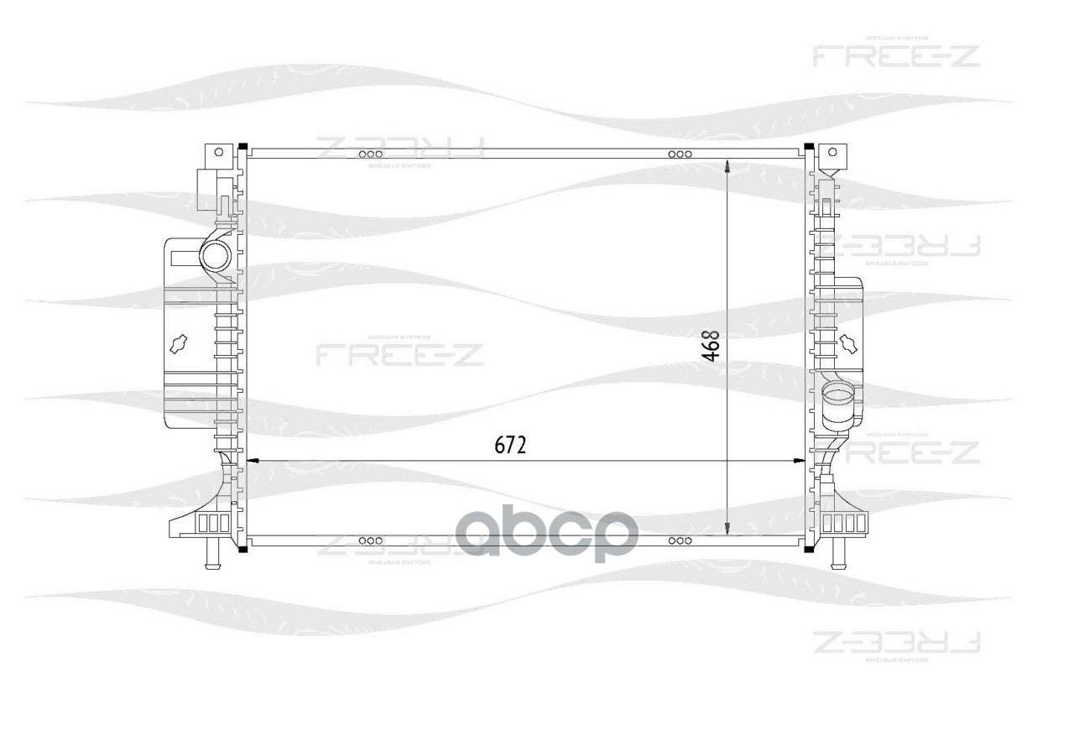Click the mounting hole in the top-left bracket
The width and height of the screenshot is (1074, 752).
coord(219,152)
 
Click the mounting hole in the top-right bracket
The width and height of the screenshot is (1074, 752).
coord(832,152)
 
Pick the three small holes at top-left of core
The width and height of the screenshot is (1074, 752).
coord(370,154)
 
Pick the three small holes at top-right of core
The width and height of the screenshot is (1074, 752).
coord(680,154)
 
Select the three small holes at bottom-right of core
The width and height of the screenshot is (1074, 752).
coord(680,540)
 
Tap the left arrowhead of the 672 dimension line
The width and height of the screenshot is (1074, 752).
coord(249,460)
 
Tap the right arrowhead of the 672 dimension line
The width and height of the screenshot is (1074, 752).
coord(798,460)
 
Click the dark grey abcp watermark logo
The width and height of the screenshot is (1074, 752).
coord(546,535)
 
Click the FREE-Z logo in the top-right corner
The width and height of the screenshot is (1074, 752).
coord(896,56)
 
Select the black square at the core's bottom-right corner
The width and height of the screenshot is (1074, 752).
coord(808,549)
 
